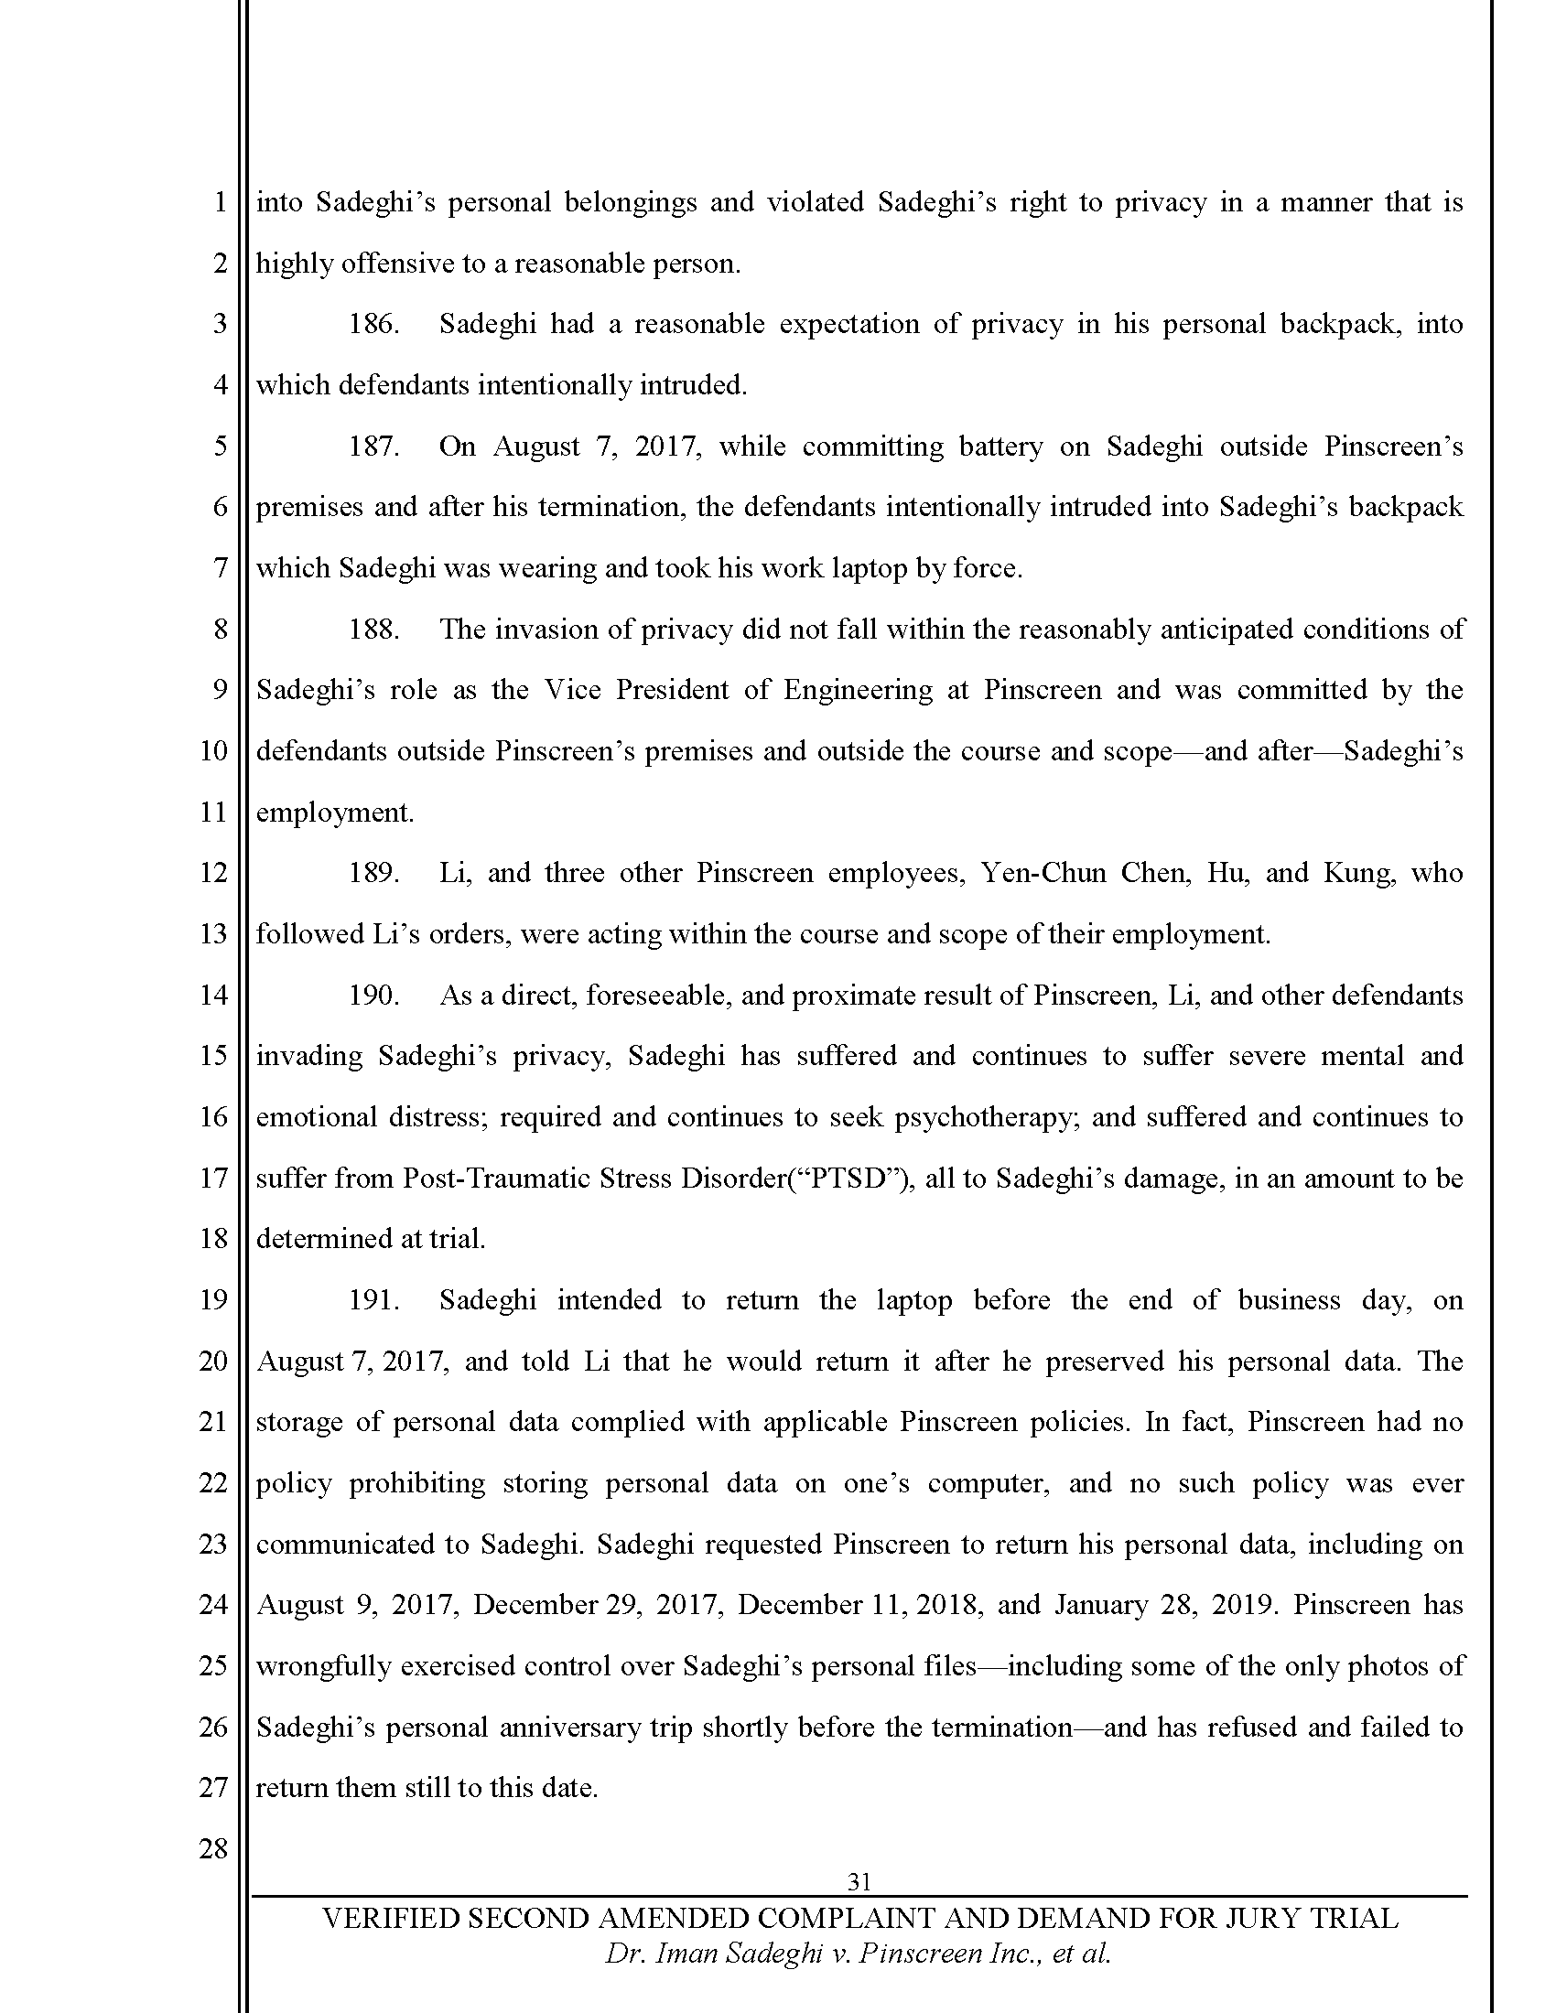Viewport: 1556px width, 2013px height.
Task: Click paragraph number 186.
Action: point(373,325)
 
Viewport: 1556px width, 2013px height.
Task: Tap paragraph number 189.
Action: point(373,873)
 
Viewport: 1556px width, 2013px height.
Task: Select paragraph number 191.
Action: point(373,1299)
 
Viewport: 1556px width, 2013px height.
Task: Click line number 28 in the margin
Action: point(213,1849)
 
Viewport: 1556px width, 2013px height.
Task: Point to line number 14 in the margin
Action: point(213,995)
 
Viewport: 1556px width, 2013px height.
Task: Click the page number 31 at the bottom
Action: point(859,1881)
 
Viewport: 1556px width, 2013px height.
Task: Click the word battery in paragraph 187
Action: point(1000,447)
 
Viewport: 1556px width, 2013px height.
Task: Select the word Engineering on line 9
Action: point(859,690)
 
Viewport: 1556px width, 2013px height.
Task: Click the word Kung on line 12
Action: point(1356,873)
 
